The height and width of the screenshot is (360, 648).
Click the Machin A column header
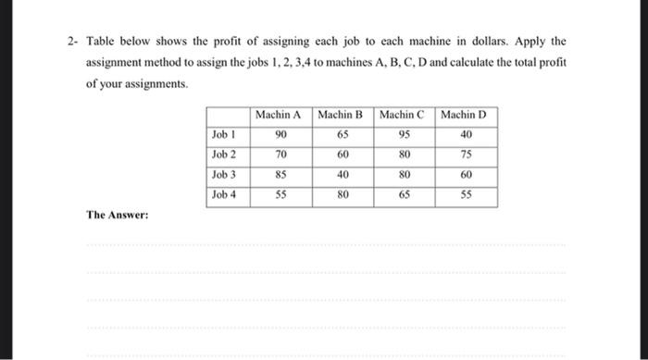(279, 115)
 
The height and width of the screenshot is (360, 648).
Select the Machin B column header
(340, 115)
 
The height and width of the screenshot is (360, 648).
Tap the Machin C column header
(402, 115)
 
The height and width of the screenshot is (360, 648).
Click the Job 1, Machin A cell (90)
(279, 134)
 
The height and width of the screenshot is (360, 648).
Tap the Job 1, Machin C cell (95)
(402, 134)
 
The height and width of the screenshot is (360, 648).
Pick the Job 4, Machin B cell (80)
(341, 194)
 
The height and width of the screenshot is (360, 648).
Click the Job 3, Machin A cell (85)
(279, 174)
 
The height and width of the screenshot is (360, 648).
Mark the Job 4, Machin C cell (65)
(402, 194)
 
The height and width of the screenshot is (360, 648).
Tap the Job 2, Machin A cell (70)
(279, 154)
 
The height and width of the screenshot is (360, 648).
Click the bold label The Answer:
(118, 214)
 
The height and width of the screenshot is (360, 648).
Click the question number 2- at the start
(71, 43)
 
